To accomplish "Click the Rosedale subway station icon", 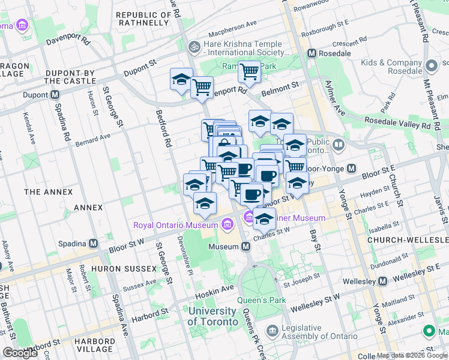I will click(x=312, y=53).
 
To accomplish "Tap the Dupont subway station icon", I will click(x=55, y=94).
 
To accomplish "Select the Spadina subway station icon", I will click(x=93, y=244).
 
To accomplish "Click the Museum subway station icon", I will click(x=246, y=247).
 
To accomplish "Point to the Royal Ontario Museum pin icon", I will click(x=227, y=225).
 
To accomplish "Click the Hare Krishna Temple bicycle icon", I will click(x=194, y=46).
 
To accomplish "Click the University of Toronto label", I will click(x=212, y=316).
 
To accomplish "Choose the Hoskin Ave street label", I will click(x=214, y=289).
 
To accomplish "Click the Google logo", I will click(x=20, y=353).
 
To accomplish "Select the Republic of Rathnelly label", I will click(x=142, y=19).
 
